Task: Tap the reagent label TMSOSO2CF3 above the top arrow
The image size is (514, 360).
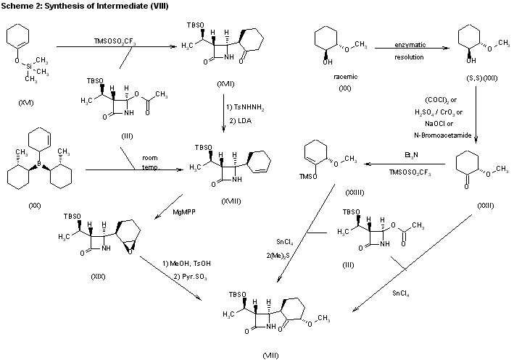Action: coord(117,41)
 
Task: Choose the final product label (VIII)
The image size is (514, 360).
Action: coord(270,354)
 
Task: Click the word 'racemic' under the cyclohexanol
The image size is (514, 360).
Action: coord(339,76)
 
